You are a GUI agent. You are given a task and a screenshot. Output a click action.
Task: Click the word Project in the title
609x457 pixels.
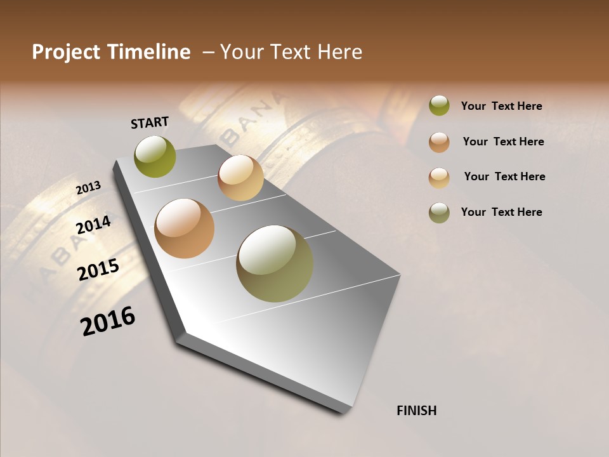click(66, 52)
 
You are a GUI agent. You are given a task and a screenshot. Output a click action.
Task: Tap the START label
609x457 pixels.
click(150, 123)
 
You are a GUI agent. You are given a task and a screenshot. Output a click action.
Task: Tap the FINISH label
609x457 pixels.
click(416, 411)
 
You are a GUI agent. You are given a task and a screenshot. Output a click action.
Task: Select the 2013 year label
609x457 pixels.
click(88, 188)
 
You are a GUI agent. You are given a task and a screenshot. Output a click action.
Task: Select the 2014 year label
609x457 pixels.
click(93, 225)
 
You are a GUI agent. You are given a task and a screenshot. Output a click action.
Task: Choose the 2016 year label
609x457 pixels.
click(108, 321)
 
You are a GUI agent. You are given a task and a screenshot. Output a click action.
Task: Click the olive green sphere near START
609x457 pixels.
click(155, 157)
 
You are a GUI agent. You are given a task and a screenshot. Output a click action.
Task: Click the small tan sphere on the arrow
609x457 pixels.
click(240, 178)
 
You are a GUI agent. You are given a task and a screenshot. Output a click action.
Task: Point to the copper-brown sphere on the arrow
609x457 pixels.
click(184, 228)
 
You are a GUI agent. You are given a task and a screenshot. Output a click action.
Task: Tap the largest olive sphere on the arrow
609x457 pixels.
click(275, 263)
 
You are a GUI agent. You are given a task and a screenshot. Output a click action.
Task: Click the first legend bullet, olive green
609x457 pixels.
click(439, 105)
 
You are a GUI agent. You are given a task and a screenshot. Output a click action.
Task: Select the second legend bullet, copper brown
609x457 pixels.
click(439, 142)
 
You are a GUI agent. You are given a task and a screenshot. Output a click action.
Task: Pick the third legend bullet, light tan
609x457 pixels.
click(439, 178)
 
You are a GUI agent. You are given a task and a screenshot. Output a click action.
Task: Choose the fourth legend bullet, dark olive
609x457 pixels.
click(439, 213)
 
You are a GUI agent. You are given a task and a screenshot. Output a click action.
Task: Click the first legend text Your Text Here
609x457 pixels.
click(501, 106)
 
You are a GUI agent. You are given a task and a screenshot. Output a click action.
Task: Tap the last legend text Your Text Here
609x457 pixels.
click(501, 212)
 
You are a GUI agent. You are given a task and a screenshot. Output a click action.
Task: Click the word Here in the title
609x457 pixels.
click(339, 52)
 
